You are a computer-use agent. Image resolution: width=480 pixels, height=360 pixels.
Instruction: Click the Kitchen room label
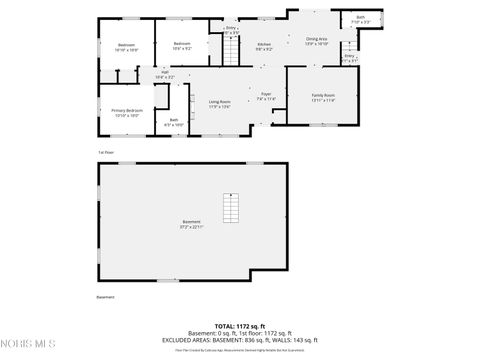(x=264, y=46)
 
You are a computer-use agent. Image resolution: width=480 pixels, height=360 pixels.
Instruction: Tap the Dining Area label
(x=317, y=41)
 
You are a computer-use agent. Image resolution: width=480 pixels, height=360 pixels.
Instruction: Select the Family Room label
(x=323, y=96)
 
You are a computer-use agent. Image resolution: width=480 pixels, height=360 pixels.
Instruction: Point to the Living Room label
(x=220, y=103)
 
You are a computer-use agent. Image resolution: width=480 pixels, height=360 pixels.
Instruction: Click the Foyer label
(x=265, y=96)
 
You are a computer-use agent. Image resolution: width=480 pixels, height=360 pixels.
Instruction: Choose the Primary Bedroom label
(x=127, y=112)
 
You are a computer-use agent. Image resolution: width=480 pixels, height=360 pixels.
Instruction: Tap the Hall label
(x=165, y=73)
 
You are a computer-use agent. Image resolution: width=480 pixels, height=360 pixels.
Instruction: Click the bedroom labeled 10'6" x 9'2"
(x=182, y=46)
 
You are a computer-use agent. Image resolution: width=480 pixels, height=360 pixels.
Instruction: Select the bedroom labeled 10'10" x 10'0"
(x=127, y=47)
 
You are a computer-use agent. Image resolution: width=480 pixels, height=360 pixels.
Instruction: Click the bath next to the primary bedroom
(x=174, y=122)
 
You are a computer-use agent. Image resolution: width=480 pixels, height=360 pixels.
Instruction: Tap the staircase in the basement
(x=232, y=208)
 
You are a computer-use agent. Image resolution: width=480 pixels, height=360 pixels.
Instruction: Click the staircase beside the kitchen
(x=232, y=48)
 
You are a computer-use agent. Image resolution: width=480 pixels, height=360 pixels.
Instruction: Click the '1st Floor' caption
(x=105, y=152)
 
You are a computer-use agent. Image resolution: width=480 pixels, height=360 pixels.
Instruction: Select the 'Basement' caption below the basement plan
(x=106, y=297)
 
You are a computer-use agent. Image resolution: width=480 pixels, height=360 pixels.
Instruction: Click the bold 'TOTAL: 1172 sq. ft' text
(x=240, y=326)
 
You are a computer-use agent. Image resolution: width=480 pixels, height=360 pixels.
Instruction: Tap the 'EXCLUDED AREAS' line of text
(x=240, y=339)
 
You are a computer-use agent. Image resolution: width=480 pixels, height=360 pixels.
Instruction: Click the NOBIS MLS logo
(x=27, y=345)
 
